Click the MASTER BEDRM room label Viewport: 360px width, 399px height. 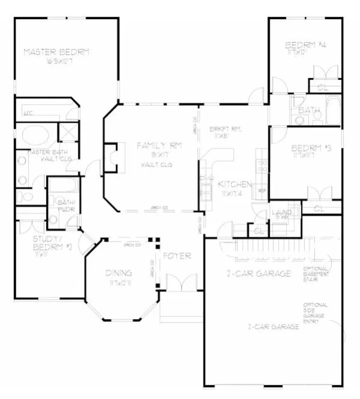(56, 52)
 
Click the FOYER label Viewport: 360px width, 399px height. (178, 256)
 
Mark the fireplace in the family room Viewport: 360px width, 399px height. (112, 154)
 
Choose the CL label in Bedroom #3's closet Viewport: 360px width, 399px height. (319, 208)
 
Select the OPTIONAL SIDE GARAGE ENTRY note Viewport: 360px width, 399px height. (315, 313)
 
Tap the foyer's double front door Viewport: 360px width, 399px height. (178, 284)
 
